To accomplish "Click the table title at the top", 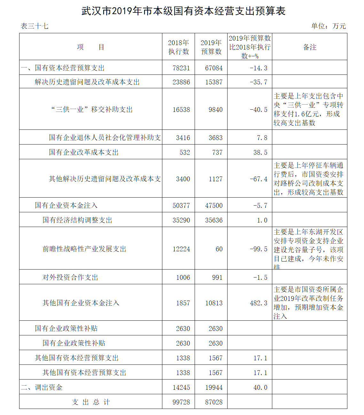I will pos(183,11).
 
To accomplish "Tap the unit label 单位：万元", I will pos(328,26).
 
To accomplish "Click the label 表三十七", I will pos(35,26).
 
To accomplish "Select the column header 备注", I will pos(309,47).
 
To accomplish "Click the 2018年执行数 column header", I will pos(178,47).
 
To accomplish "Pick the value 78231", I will pos(181,68).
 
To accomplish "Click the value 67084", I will pos(214,68).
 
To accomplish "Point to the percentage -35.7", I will pos(259,82).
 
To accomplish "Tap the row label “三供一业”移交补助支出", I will pos(92,110).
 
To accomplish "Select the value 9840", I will pos(215,110).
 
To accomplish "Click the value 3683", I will pos(215,138).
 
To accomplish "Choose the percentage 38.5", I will pos(260,153).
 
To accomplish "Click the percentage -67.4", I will pos(259,179).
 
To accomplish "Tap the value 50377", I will pos(181,206).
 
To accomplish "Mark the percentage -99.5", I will pos(259,249).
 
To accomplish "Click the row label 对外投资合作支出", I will pos(70,278).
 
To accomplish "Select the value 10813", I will pos(214,303).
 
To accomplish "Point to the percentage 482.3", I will pos(259,303).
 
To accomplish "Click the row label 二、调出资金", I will pos(42,388).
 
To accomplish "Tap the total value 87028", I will pos(214,402).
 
